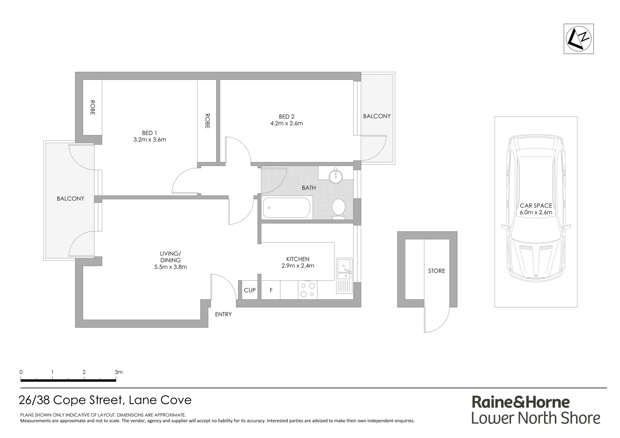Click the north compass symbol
pos(579,39)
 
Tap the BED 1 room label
pos(149,133)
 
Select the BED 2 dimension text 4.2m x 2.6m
pos(286,123)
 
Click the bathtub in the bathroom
pos(286,208)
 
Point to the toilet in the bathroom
pos(338,208)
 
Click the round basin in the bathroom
pos(336,176)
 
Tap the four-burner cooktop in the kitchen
pos(308,290)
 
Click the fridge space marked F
pos(271,290)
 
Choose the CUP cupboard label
pos(250,290)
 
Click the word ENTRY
pos(223,314)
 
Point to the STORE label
pos(437,271)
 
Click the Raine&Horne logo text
pos(521,402)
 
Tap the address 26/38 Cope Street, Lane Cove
pos(105,400)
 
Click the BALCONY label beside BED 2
pos(377,116)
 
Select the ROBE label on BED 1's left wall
pos(93,107)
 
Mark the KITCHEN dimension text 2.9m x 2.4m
pos(298,266)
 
